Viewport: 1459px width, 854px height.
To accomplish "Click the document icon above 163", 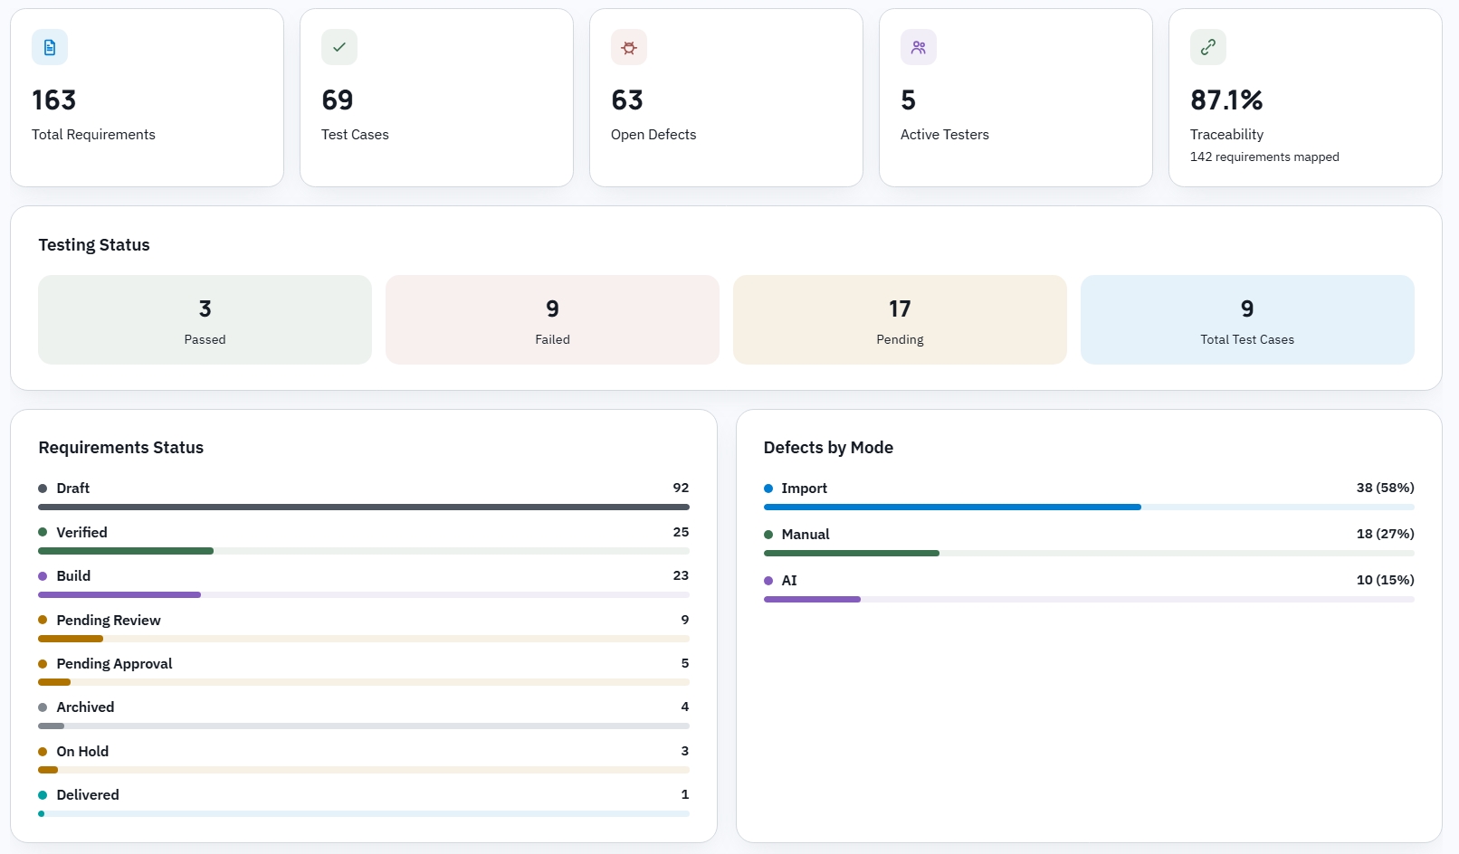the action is [x=50, y=47].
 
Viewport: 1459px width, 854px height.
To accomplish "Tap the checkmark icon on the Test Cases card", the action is [x=339, y=47].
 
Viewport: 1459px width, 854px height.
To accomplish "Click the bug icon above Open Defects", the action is [x=628, y=47].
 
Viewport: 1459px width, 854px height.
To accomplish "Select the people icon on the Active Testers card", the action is [x=919, y=47].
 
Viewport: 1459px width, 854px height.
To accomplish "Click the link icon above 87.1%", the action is [x=1208, y=47].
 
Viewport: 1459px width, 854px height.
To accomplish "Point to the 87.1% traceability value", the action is [x=1226, y=100].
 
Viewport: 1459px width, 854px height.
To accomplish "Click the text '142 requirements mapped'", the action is [x=1264, y=157].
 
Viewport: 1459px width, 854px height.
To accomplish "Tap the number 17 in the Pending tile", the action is [x=900, y=308].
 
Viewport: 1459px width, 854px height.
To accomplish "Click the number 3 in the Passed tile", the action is [x=205, y=308].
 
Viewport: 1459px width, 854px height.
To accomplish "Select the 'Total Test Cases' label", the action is [x=1246, y=339].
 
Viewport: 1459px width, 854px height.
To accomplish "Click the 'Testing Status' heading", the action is [x=94, y=245].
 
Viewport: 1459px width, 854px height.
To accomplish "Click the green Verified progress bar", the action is [x=126, y=551].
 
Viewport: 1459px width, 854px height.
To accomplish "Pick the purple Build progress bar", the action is [x=119, y=595].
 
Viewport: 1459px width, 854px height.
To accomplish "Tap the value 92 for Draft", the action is [x=681, y=488].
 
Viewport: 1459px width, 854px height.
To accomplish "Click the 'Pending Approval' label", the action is [x=114, y=663].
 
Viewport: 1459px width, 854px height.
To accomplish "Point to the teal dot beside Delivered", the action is [x=43, y=795].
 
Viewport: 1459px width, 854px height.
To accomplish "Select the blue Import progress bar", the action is [x=952, y=507].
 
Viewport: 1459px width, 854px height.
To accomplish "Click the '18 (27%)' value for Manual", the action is [x=1385, y=534].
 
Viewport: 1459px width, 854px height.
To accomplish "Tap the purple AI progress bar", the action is [x=812, y=600].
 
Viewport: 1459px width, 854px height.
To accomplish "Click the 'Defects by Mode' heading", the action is [x=828, y=447].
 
